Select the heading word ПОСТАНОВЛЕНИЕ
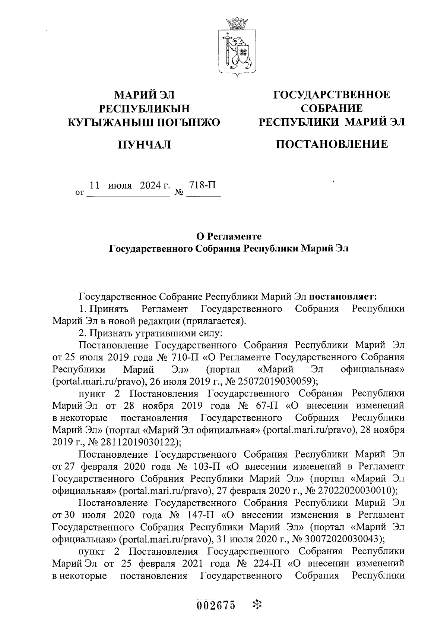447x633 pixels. click(332, 144)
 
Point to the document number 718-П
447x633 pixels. click(203, 185)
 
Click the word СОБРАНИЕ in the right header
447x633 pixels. click(332, 108)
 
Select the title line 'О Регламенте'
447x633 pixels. click(229, 236)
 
